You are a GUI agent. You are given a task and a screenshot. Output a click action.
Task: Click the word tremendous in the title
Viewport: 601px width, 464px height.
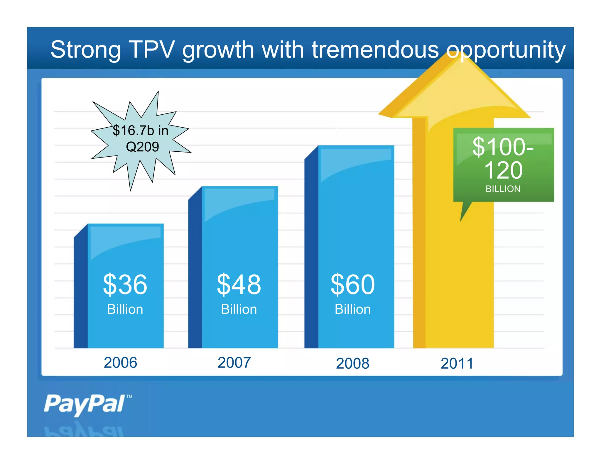[375, 50]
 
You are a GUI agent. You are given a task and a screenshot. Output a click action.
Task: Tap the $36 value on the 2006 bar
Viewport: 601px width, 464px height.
[125, 284]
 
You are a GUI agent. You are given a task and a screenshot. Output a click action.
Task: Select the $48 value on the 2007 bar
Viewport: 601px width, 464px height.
[239, 284]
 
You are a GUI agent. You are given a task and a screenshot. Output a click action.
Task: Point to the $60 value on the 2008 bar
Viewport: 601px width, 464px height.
[352, 284]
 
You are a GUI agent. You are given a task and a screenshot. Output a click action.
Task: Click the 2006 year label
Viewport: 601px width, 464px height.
[120, 363]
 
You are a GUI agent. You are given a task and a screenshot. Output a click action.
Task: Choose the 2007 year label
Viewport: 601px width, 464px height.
[234, 363]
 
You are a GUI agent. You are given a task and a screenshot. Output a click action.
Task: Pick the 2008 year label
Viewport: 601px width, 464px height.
[352, 363]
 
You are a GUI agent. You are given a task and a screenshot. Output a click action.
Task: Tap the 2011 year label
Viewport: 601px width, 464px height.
[457, 363]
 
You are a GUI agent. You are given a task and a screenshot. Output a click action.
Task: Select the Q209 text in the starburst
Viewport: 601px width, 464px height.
[142, 147]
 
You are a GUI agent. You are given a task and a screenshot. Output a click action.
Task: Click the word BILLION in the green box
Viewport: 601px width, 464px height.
[503, 189]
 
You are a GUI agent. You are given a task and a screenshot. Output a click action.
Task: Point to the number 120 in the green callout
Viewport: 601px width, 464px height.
[503, 170]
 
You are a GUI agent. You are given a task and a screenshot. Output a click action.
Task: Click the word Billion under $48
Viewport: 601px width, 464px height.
[239, 309]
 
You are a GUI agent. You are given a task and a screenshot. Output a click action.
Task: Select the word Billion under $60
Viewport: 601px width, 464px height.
[352, 309]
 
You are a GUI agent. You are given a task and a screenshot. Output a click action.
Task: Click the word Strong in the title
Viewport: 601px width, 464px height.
[85, 50]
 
